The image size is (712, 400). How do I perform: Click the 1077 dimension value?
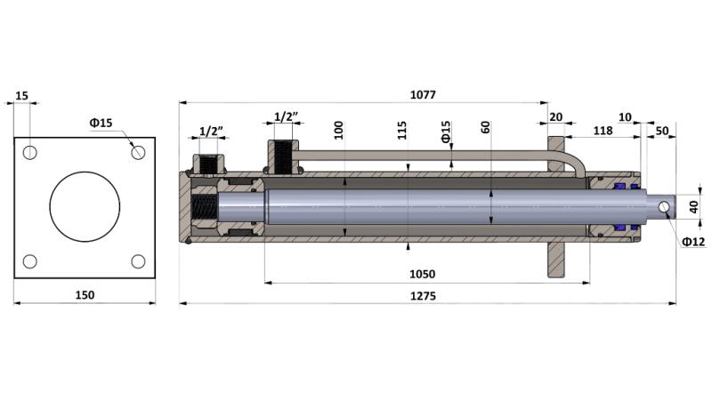click(x=423, y=94)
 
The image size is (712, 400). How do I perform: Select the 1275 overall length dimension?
click(x=423, y=295)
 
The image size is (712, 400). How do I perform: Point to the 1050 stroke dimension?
click(x=423, y=275)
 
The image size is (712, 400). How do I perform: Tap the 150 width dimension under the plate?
click(x=85, y=294)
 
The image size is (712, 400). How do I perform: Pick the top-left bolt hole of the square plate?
click(x=30, y=153)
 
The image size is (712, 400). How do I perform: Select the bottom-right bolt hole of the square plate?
click(x=138, y=261)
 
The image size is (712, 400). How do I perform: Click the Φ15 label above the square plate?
click(x=101, y=123)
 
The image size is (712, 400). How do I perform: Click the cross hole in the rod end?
click(x=664, y=206)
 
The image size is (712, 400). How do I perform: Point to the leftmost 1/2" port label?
click(x=211, y=131)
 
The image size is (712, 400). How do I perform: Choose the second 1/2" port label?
click(x=286, y=116)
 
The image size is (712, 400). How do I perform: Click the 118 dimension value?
click(x=603, y=131)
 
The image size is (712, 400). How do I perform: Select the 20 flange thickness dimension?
click(x=555, y=116)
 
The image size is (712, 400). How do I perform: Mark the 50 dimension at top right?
click(x=662, y=131)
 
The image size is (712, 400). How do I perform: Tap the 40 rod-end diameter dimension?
click(x=694, y=206)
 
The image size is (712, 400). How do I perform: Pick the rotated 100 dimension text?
click(x=338, y=130)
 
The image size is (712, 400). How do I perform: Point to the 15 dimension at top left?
click(x=21, y=94)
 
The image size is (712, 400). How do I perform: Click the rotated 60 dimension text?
click(x=485, y=126)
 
